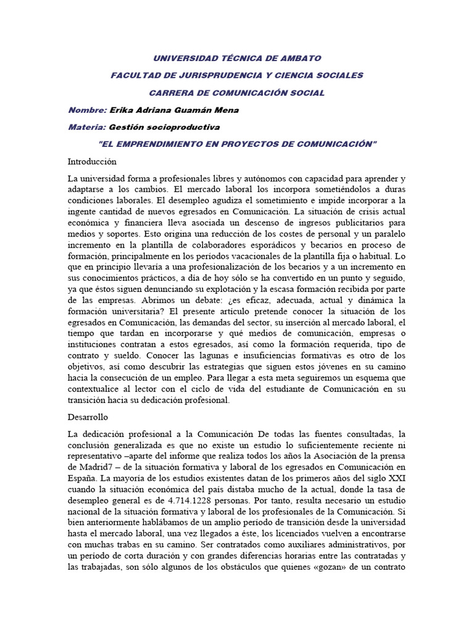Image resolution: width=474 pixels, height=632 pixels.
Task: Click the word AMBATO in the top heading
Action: (299, 58)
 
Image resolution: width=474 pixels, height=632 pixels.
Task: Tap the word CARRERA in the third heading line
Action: (171, 93)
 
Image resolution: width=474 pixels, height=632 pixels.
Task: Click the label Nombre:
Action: (87, 110)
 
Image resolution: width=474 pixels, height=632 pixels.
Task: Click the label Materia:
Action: (87, 127)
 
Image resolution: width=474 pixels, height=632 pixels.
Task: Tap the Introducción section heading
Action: (92, 161)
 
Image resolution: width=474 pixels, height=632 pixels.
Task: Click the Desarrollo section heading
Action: (88, 417)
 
